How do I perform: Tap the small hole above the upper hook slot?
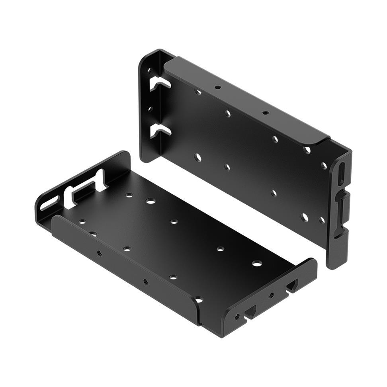[x=150, y=70]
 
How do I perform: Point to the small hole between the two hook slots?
[x=150, y=108]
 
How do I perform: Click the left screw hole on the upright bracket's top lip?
[x=217, y=87]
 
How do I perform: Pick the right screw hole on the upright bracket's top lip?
[x=265, y=113]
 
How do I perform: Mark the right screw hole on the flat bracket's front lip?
[x=146, y=282]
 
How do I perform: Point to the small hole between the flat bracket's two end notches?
[x=272, y=295]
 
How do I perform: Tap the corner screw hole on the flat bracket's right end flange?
[x=237, y=317]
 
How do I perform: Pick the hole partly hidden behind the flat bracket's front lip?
[x=199, y=299]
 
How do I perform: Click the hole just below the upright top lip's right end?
[x=307, y=150]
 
